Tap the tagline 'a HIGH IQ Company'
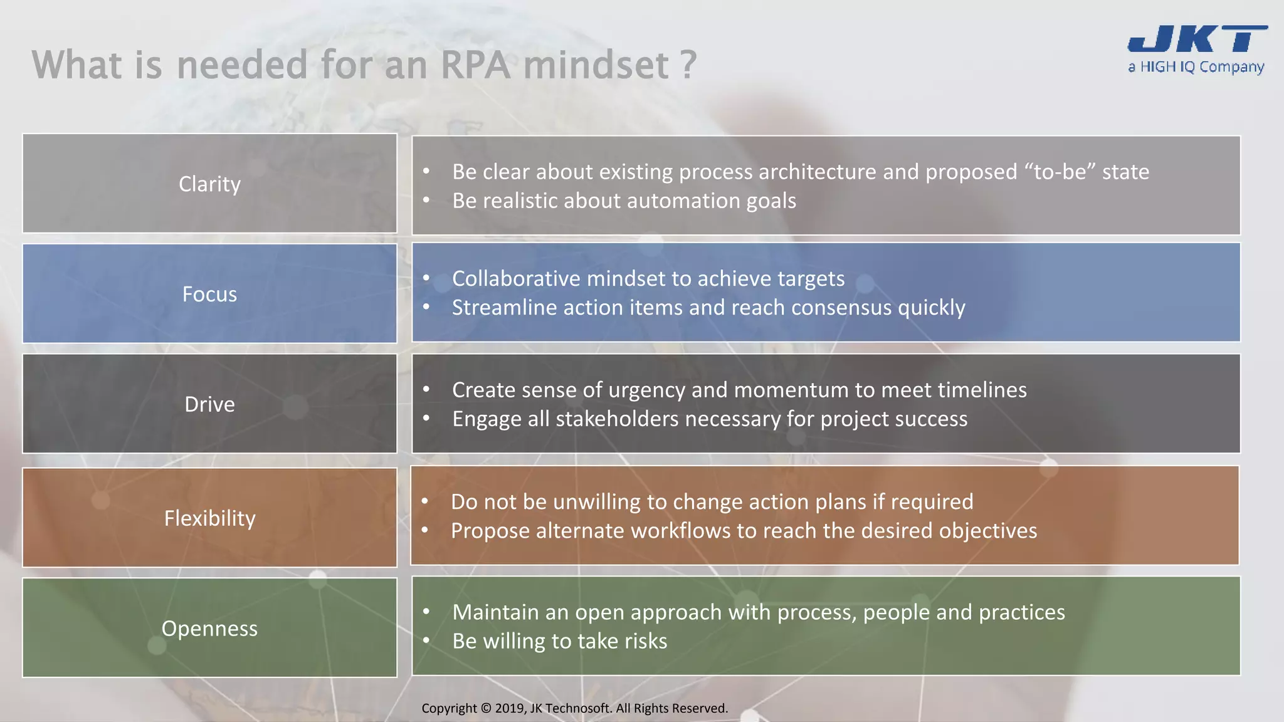[x=1196, y=67]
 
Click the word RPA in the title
[x=475, y=65]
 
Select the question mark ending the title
[x=688, y=65]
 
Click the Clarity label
[x=209, y=184]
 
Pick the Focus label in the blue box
[x=209, y=294]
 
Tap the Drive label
[x=209, y=404]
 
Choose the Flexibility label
[x=209, y=518]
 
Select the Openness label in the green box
[x=209, y=629]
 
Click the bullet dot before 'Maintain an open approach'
[x=426, y=612]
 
